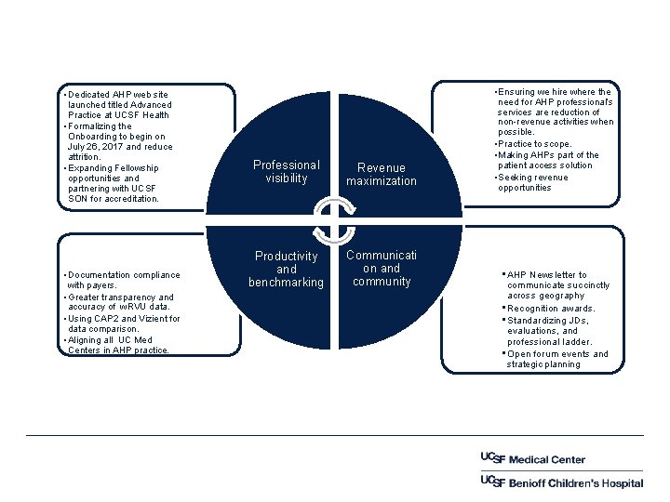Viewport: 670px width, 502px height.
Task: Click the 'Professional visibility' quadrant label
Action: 286,172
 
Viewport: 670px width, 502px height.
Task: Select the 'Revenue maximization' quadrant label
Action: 382,175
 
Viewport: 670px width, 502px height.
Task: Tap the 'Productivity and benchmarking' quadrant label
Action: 286,269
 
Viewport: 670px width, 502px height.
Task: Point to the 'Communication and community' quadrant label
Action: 382,268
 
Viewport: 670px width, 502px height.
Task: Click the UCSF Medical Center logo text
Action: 532,459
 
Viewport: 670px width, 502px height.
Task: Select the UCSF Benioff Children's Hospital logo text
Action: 561,482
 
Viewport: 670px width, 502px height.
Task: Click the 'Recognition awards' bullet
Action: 551,309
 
